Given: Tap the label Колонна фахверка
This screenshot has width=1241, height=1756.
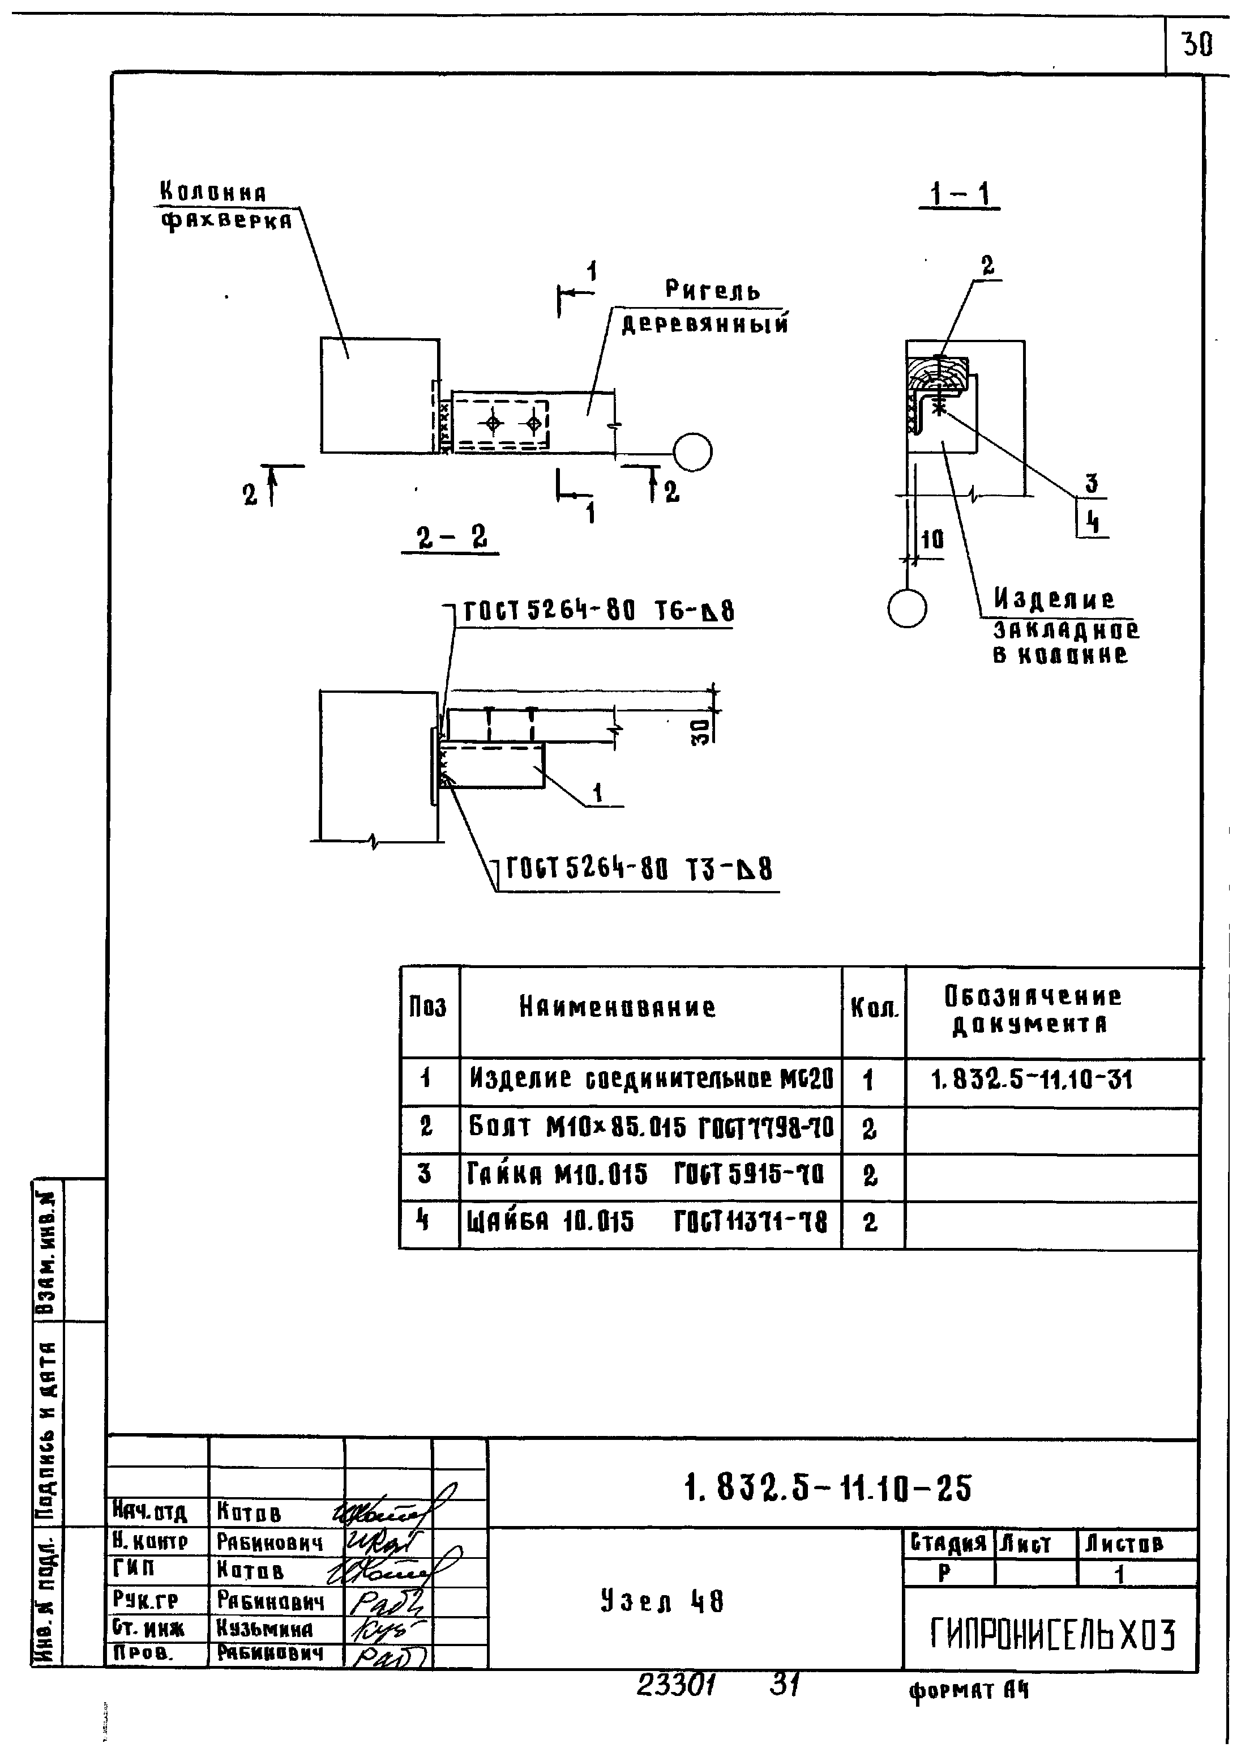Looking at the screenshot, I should coord(224,207).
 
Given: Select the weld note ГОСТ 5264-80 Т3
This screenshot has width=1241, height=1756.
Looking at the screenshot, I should coord(639,870).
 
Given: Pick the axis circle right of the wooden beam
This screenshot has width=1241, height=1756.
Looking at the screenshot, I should coord(693,451).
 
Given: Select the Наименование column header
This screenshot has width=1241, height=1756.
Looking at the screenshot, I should coord(618,1007).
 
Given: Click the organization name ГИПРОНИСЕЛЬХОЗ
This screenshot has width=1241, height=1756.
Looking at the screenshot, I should coord(1052,1635).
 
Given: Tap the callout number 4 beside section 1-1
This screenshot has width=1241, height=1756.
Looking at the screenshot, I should coord(1093,523).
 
